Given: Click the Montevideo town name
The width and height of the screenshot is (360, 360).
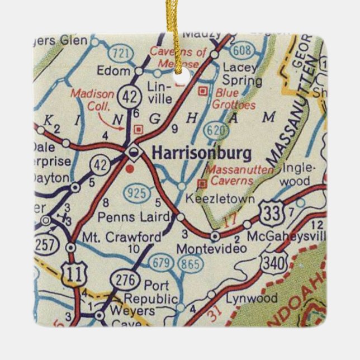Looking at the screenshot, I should (203, 248).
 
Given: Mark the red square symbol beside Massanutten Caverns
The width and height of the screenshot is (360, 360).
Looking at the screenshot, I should (202, 183).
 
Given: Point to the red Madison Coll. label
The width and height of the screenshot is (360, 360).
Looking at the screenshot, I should (93, 100).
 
